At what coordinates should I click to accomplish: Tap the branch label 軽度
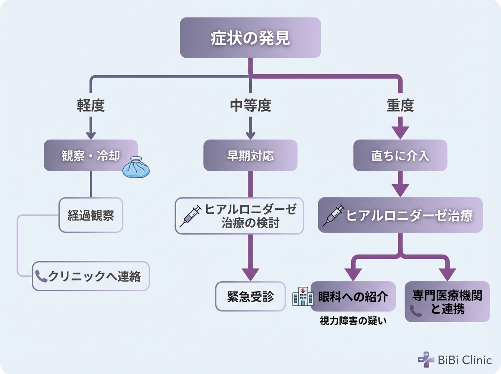pyautogui.click(x=91, y=106)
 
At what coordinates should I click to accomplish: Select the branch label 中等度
pyautogui.click(x=250, y=106)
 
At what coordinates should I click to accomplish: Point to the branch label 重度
pyautogui.click(x=400, y=106)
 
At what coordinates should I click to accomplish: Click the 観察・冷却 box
pyautogui.click(x=91, y=155)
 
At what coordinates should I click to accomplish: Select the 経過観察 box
pyautogui.click(x=91, y=215)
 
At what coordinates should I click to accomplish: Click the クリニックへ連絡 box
pyautogui.click(x=91, y=276)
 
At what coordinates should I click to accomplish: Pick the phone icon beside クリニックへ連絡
pyautogui.click(x=41, y=276)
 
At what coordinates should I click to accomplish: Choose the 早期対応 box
pyautogui.click(x=250, y=155)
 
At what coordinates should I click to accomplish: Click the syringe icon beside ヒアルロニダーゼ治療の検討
pyautogui.click(x=190, y=215)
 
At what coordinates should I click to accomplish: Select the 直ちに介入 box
pyautogui.click(x=400, y=155)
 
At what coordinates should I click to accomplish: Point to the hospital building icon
pyautogui.click(x=303, y=296)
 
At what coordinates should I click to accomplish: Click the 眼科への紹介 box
pyautogui.click(x=353, y=296)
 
